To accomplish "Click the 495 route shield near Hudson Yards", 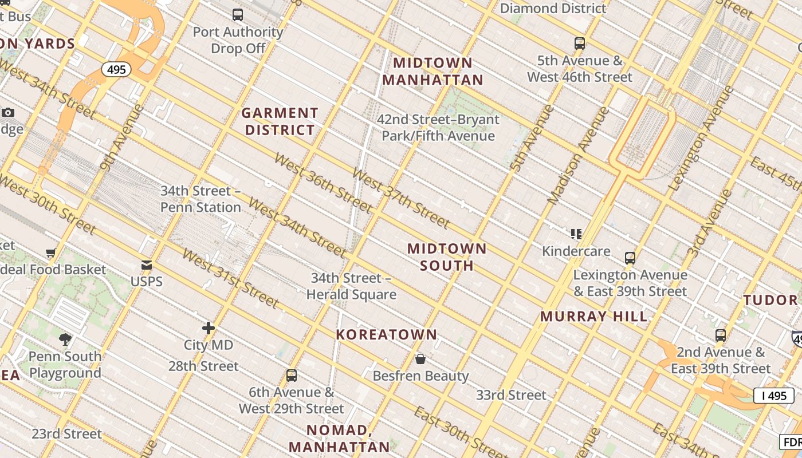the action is (x=116, y=70).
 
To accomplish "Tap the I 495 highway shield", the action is (x=773, y=396).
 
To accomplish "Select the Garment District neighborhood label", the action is (x=280, y=121).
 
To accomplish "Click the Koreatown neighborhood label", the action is (x=387, y=334).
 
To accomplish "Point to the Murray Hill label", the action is (x=593, y=316).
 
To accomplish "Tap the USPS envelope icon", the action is (x=147, y=265).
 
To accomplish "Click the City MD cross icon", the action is (x=209, y=328).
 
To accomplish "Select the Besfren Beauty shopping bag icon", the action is (x=420, y=359).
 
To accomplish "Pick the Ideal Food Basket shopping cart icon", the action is (x=51, y=252).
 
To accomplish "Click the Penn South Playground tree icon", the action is (x=65, y=339).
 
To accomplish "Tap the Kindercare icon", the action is (x=576, y=234).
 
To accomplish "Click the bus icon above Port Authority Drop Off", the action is (x=238, y=15).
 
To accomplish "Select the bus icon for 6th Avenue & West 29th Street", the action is (x=292, y=376).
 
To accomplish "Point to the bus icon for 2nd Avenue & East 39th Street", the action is (x=721, y=335).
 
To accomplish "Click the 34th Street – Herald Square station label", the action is (x=351, y=286).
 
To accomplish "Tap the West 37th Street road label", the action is (x=400, y=198).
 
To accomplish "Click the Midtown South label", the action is (x=447, y=257).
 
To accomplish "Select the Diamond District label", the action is (x=553, y=8).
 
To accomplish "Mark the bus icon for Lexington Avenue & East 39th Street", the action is (x=630, y=258).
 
